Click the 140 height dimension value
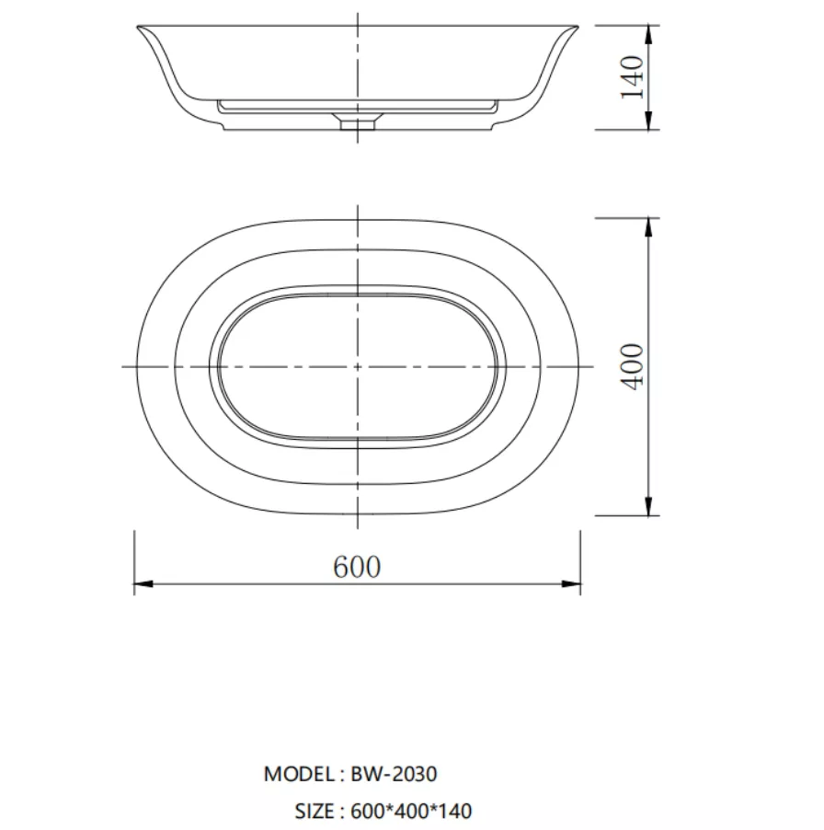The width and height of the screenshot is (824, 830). click(x=632, y=76)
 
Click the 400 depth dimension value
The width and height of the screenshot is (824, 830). click(x=632, y=366)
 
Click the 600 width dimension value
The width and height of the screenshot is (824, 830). click(x=357, y=567)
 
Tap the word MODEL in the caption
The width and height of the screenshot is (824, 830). click(x=300, y=774)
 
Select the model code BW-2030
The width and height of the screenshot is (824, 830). click(x=394, y=774)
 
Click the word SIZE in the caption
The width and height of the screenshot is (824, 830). click(x=315, y=811)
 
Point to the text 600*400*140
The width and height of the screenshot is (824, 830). click(x=411, y=811)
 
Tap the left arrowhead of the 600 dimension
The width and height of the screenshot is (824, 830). click(x=143, y=584)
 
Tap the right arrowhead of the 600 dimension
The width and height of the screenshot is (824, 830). click(x=571, y=584)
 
